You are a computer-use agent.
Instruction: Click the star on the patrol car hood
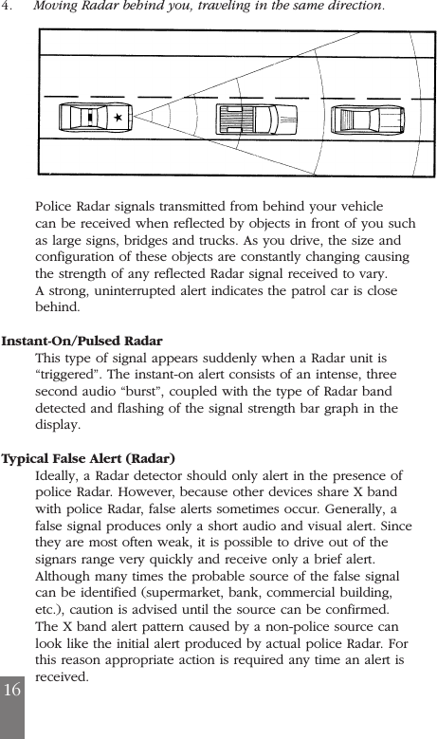(117, 119)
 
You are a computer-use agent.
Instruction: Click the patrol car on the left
(95, 119)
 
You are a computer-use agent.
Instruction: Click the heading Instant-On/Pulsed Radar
(82, 341)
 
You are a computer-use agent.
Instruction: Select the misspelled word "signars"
(60, 559)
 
